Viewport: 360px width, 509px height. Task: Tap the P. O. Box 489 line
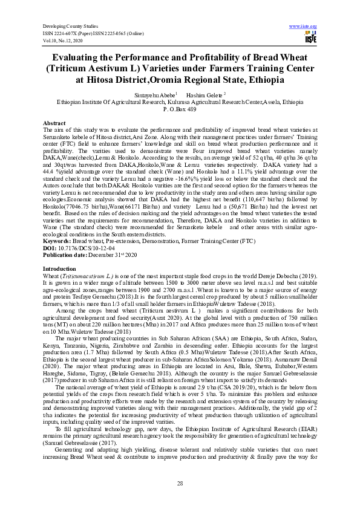[x=180, y=109]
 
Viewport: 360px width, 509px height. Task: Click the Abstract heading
[x=54, y=123]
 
